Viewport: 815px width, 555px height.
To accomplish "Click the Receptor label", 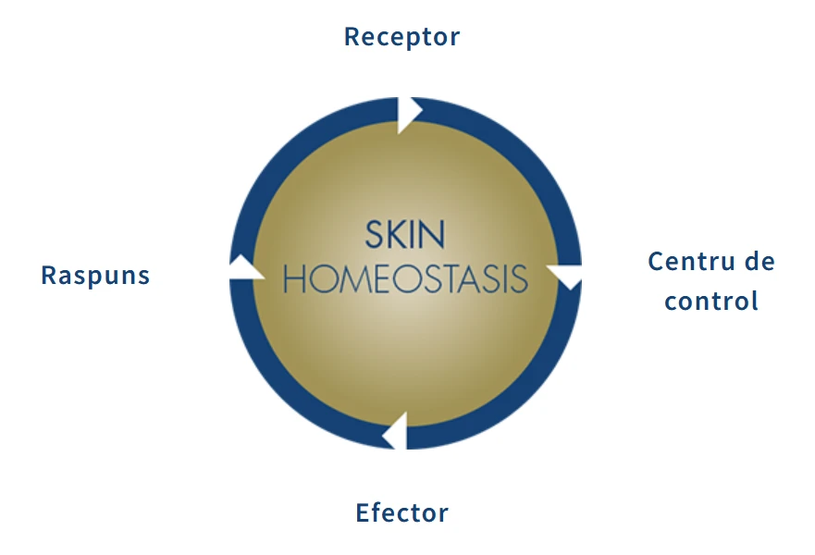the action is [x=401, y=37].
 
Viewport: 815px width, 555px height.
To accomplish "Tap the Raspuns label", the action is [x=95, y=276].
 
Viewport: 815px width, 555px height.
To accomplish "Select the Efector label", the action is [x=401, y=512].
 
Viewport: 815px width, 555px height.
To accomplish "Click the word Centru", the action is [x=691, y=262].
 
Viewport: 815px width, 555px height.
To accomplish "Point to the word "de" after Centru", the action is [x=759, y=261].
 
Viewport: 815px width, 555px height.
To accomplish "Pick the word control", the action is [x=711, y=301].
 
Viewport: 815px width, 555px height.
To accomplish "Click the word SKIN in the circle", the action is [x=405, y=234].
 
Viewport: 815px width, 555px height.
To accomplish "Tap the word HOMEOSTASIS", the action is [x=405, y=279].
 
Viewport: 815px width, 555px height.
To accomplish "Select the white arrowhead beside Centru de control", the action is [x=564, y=276].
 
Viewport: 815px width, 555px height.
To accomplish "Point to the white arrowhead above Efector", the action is [x=396, y=431].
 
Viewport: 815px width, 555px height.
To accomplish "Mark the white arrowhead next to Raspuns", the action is [x=245, y=267].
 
